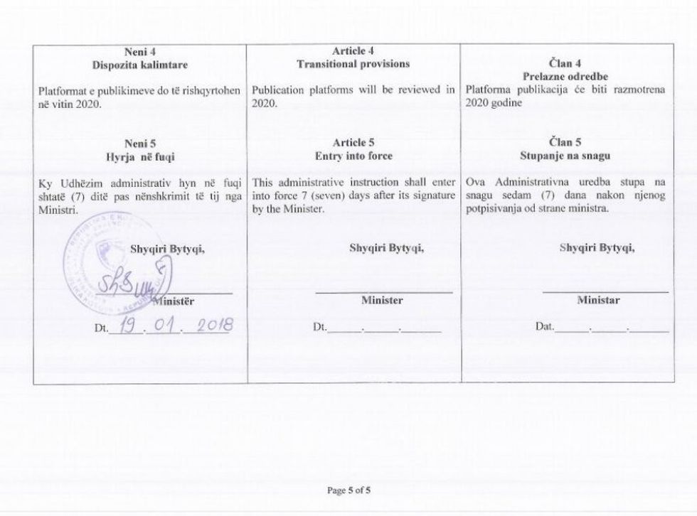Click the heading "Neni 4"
(x=139, y=52)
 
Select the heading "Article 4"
(x=353, y=50)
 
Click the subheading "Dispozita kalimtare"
(x=139, y=65)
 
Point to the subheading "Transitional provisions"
(x=353, y=63)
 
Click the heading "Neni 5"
(x=139, y=142)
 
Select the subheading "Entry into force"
(x=353, y=155)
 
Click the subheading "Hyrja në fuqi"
(x=139, y=155)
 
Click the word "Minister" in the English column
(x=382, y=300)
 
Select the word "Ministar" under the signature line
(x=598, y=300)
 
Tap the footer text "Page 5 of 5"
(x=348, y=490)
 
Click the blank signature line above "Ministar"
(x=605, y=291)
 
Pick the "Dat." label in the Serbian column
(x=545, y=328)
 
